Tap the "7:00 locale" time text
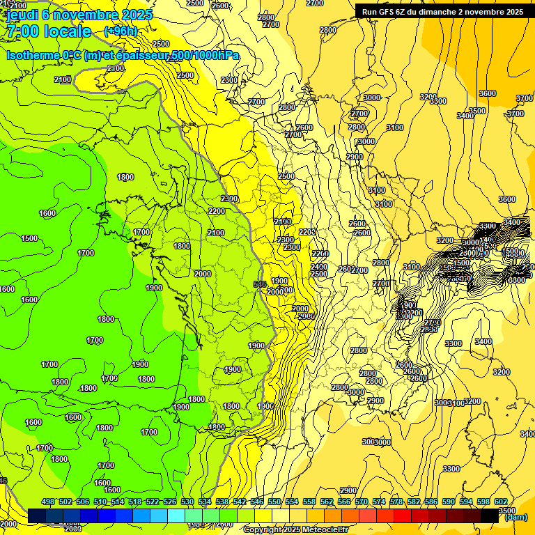pyautogui.click(x=49, y=32)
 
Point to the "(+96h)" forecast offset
pyautogui.click(x=121, y=31)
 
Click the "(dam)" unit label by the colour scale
pyautogui.click(x=515, y=518)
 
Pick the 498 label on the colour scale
pyautogui.click(x=48, y=502)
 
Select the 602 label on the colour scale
pyautogui.click(x=501, y=502)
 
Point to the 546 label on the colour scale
pyautogui.click(x=257, y=502)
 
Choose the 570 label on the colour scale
pyautogui.click(x=362, y=502)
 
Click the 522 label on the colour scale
pyautogui.click(x=153, y=502)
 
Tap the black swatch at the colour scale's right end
pyautogui.click(x=490, y=516)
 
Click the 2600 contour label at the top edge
pyautogui.click(x=220, y=6)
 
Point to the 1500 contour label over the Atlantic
pyautogui.click(x=29, y=238)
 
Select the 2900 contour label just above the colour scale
pyautogui.click(x=348, y=490)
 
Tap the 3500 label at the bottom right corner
pyautogui.click(x=508, y=511)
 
